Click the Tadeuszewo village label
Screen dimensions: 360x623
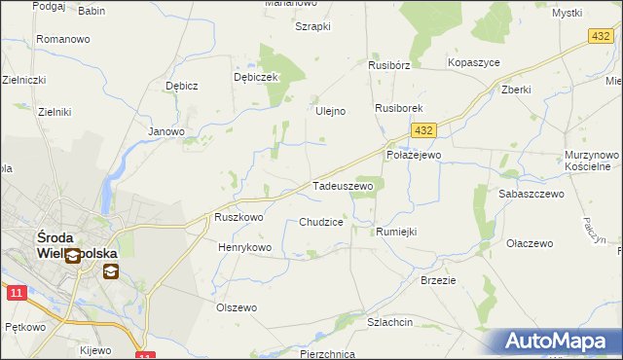pos(342,185)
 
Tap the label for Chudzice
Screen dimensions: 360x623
pos(320,222)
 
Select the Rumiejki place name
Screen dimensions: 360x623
pos(395,231)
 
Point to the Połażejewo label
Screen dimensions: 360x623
pos(414,155)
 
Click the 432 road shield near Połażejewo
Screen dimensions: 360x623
pos(421,130)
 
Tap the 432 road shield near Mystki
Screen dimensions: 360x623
pos(600,35)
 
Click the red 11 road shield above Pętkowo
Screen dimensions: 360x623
pos(15,292)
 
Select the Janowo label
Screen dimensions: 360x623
pos(165,131)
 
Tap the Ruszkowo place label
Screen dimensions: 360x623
pos(238,218)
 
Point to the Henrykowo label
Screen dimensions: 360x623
pos(244,248)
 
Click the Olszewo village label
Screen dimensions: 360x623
pos(236,307)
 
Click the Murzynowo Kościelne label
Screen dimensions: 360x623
pos(592,161)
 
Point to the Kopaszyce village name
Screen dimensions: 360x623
pos(473,62)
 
